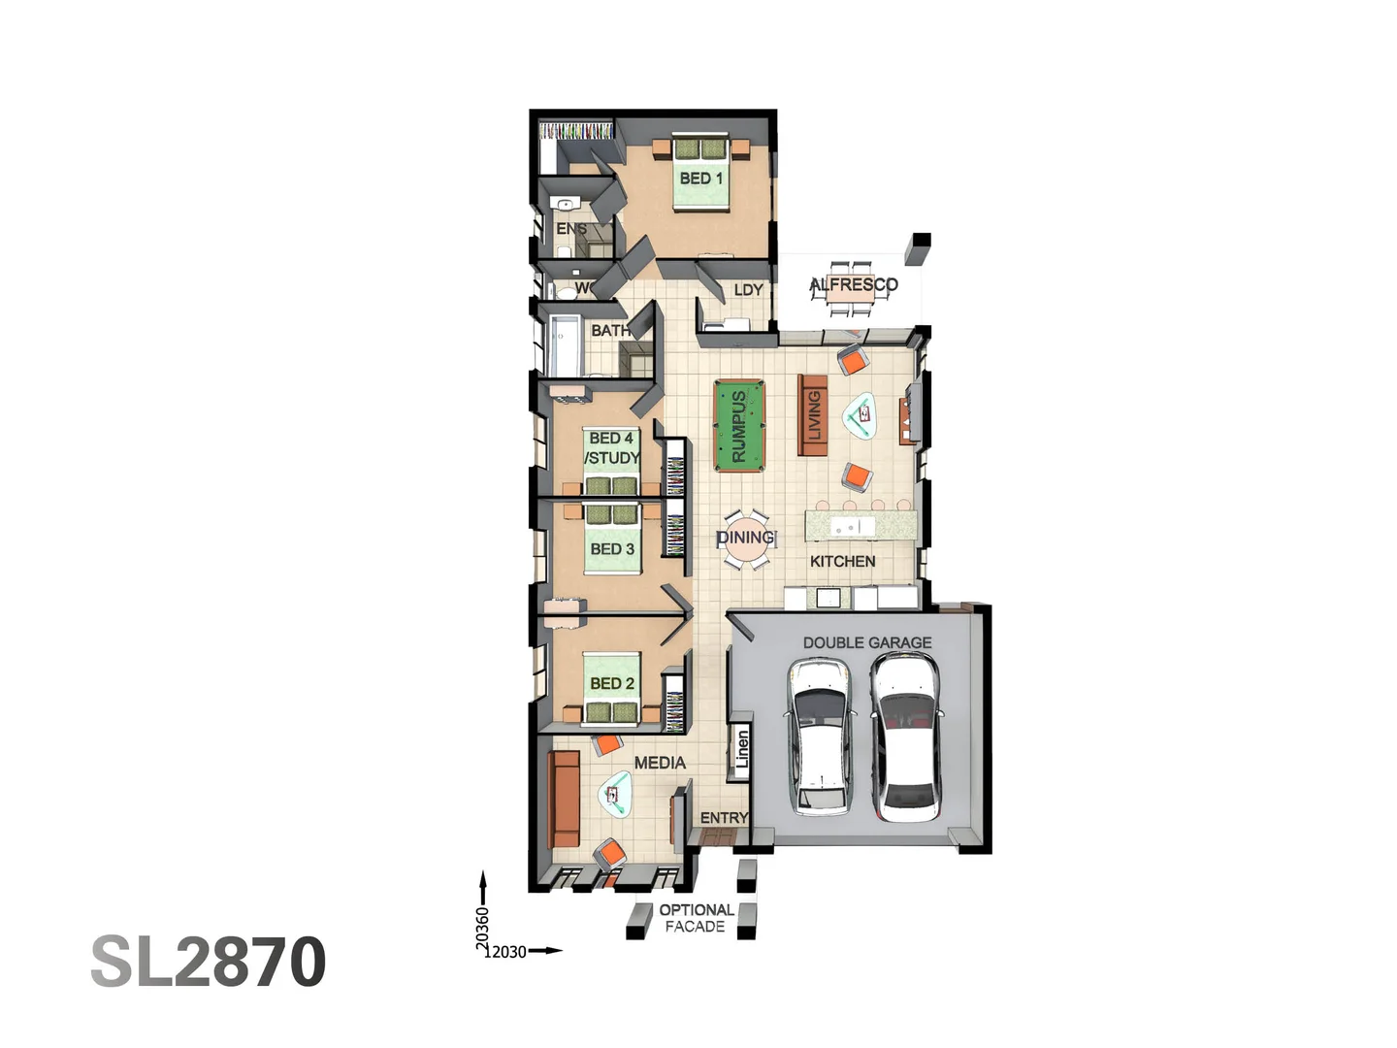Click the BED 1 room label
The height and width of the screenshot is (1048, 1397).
(x=700, y=179)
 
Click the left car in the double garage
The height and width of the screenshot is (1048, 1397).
(x=821, y=736)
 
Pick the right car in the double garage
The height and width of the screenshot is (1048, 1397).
(x=905, y=736)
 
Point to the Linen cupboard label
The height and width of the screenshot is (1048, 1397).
(x=742, y=750)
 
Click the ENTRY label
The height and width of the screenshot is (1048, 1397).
(x=724, y=818)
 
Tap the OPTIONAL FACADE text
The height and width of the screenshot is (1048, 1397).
(x=696, y=918)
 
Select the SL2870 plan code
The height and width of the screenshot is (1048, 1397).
(x=208, y=962)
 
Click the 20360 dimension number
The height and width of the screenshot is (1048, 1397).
(x=482, y=929)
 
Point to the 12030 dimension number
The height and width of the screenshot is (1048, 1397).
(x=505, y=952)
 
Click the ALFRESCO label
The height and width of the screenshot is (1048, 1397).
(x=854, y=284)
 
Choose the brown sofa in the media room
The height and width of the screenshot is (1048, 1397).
(x=563, y=798)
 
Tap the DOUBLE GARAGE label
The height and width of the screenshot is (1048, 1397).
(x=866, y=642)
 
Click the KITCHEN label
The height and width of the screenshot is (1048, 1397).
(x=842, y=561)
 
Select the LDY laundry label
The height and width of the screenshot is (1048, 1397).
(x=748, y=290)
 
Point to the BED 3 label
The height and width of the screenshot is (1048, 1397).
(x=612, y=549)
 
